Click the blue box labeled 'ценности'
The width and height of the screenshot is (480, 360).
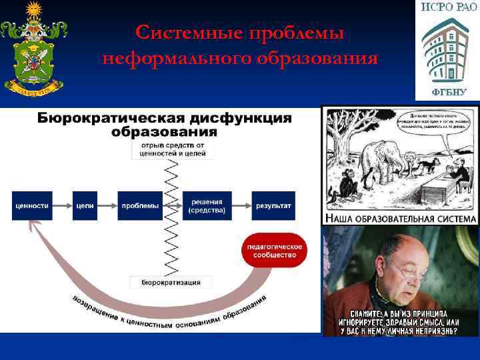(32, 206)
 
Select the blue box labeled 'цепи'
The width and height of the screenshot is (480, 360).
(84, 206)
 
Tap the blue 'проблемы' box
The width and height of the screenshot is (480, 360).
(140, 206)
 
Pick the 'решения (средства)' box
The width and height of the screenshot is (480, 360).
(207, 206)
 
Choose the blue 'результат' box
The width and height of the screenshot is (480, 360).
(272, 206)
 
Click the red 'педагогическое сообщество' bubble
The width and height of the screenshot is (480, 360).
(275, 251)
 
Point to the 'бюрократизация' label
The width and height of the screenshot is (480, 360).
(171, 283)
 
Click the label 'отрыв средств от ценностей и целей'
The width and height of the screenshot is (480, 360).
(173, 149)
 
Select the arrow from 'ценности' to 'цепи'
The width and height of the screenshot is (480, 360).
(61, 206)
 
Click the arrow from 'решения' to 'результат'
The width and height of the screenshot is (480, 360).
(241, 206)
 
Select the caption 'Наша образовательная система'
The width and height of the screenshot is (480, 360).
(401, 219)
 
